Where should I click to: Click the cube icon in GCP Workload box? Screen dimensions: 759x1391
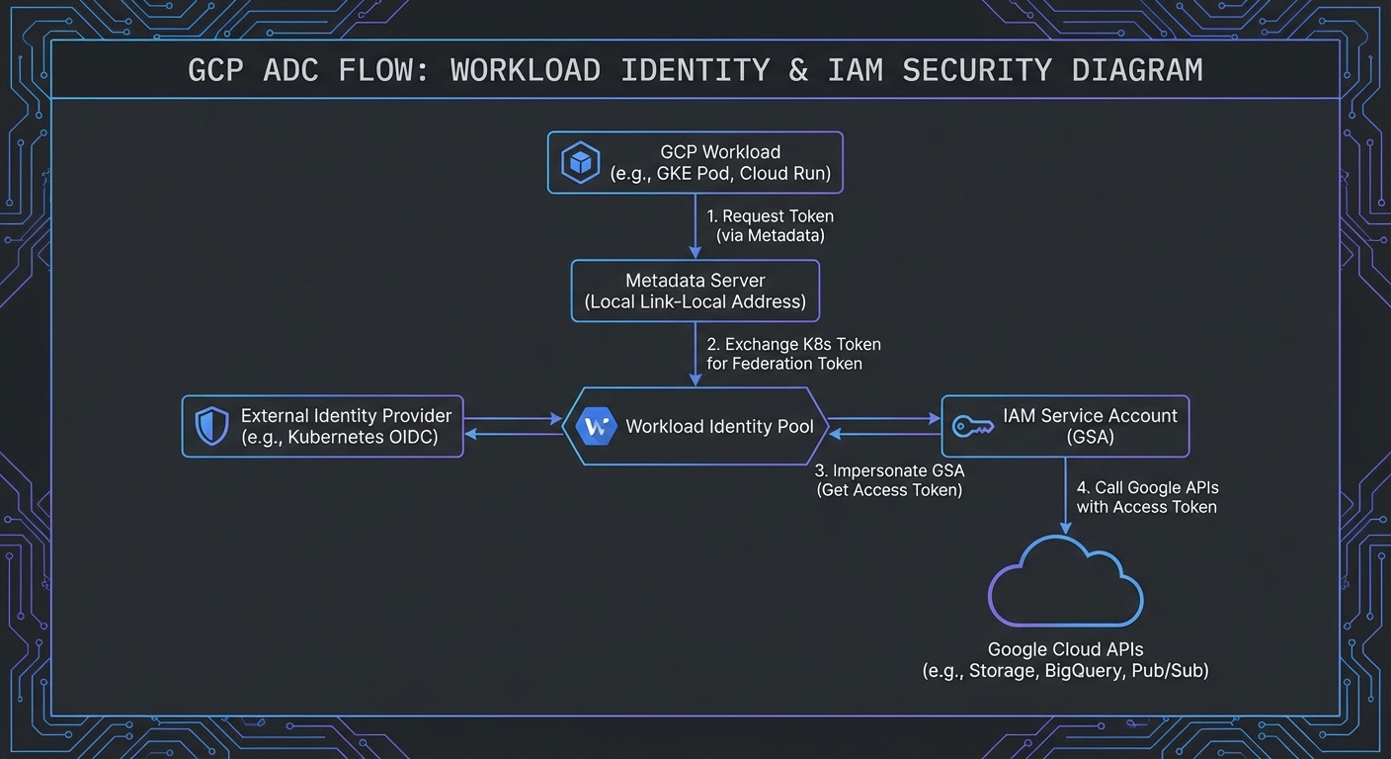(x=580, y=163)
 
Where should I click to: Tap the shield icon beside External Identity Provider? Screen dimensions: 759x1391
(x=211, y=427)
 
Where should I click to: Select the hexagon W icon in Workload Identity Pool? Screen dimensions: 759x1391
(x=596, y=427)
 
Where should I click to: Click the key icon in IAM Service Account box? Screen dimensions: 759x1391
(x=972, y=427)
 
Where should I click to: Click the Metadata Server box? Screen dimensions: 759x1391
(x=695, y=291)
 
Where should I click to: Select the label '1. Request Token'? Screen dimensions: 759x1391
(x=771, y=216)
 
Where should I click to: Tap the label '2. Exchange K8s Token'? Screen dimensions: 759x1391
(x=793, y=345)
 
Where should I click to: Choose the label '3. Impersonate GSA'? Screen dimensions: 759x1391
(x=889, y=470)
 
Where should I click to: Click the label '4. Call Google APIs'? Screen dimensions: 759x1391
(x=1146, y=488)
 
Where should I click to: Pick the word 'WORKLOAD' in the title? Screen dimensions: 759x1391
(x=525, y=71)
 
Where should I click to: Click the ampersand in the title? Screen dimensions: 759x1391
(x=798, y=71)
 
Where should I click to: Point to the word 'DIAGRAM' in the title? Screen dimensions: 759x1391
(x=1137, y=71)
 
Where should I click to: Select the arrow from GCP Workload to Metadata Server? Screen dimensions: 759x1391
(x=695, y=227)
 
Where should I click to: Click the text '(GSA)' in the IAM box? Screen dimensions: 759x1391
(x=1090, y=437)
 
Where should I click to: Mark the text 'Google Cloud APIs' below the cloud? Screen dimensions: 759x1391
(x=1065, y=650)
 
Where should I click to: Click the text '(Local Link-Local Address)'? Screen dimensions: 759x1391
(x=695, y=302)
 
